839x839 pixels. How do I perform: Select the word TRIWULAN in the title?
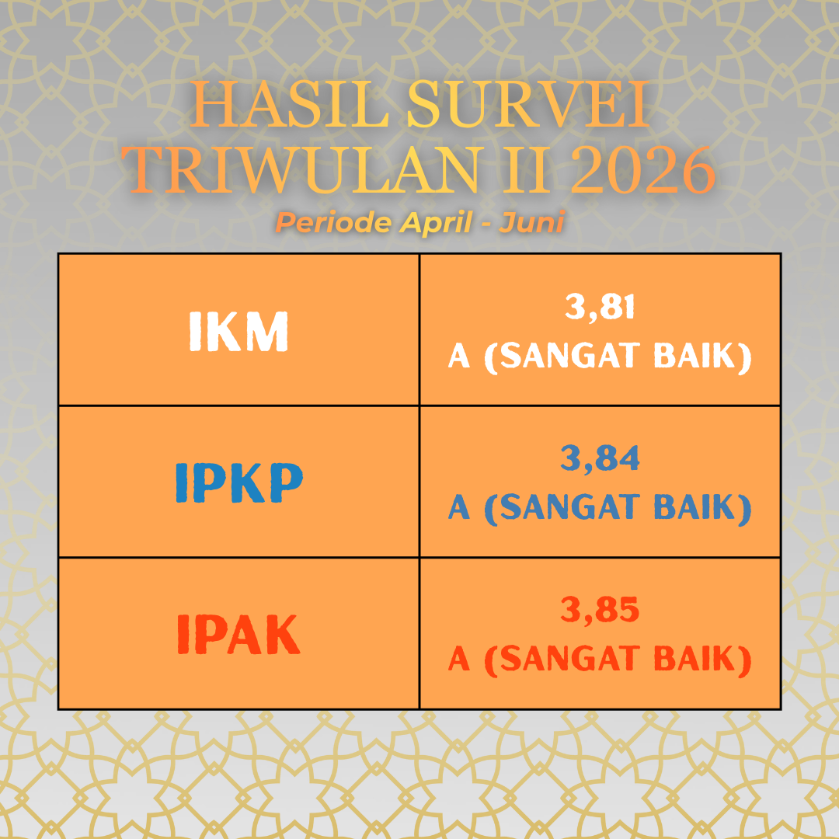pos(301,169)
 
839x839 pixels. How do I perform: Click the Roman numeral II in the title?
pos(525,169)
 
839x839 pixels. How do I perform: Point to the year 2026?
pos(642,169)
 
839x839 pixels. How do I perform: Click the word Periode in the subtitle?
pos(332,223)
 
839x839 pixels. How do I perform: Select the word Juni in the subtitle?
pos(531,223)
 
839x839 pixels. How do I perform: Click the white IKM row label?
pos(238,331)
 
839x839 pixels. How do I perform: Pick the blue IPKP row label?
pos(239,482)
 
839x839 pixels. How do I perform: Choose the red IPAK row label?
pos(238,634)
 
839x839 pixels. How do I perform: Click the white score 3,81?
pos(600,307)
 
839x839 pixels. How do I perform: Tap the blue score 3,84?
pos(600,458)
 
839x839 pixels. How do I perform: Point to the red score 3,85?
pos(600,610)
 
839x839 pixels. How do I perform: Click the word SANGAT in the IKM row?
pos(570,356)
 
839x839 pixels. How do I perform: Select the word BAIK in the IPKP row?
pos(695,507)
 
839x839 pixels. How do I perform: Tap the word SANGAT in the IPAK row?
pos(570,659)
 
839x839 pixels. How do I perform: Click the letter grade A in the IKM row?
pos(459,357)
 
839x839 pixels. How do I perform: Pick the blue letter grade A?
pos(459,507)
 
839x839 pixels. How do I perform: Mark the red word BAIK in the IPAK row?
pos(695,659)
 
